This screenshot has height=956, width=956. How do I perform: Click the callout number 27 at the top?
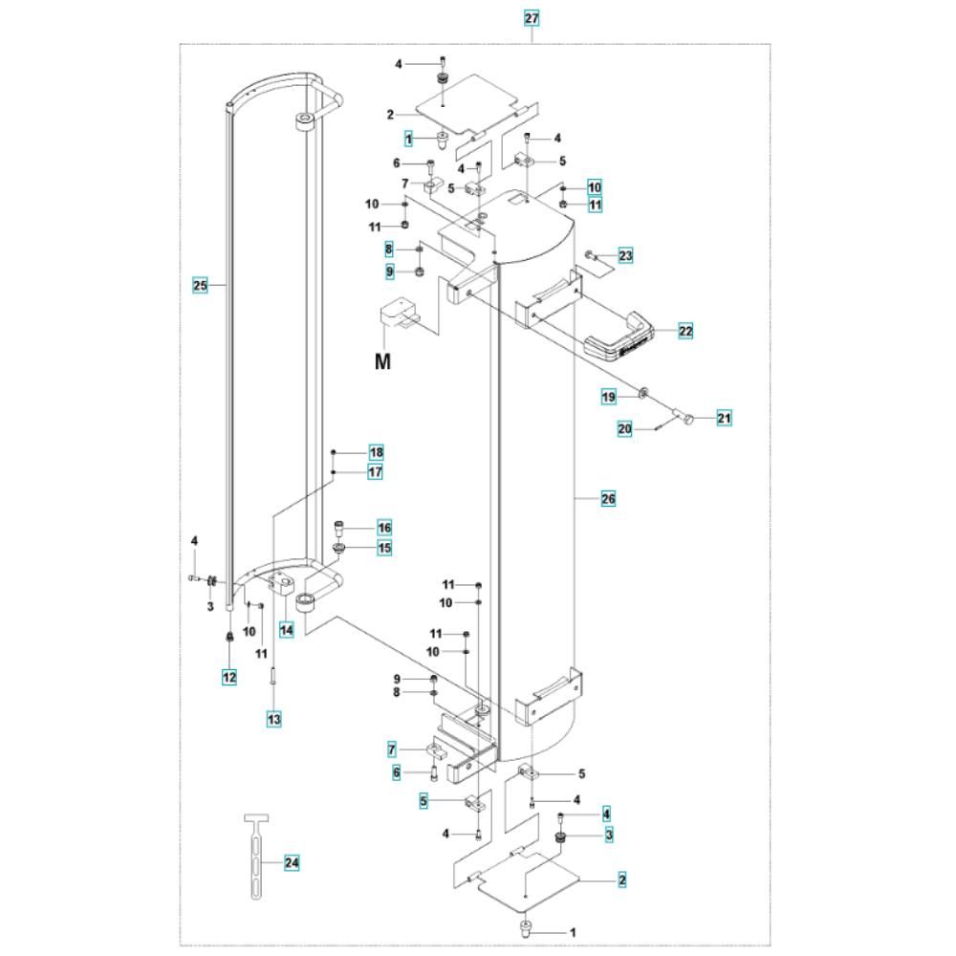tap(532, 18)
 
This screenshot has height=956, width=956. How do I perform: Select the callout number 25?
tap(201, 285)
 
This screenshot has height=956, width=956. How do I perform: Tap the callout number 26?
tap(608, 499)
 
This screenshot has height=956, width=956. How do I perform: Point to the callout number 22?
tap(685, 331)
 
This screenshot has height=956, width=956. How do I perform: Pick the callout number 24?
tap(292, 862)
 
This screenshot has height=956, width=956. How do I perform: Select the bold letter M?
tap(382, 362)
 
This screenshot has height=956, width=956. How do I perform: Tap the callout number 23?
tap(626, 255)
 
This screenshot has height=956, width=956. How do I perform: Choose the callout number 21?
tap(724, 419)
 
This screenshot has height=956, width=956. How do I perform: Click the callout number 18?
tap(376, 452)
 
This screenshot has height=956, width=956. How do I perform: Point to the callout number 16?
tap(384, 528)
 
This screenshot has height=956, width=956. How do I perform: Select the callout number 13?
tap(274, 720)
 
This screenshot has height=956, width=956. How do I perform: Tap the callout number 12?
tap(229, 677)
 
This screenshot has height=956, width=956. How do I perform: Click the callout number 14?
tap(287, 629)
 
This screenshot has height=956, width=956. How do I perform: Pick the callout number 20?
tap(625, 429)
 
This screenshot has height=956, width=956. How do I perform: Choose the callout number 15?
tap(384, 548)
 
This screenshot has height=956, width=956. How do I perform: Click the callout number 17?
tap(375, 472)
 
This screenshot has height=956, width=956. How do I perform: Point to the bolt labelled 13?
tap(273, 676)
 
